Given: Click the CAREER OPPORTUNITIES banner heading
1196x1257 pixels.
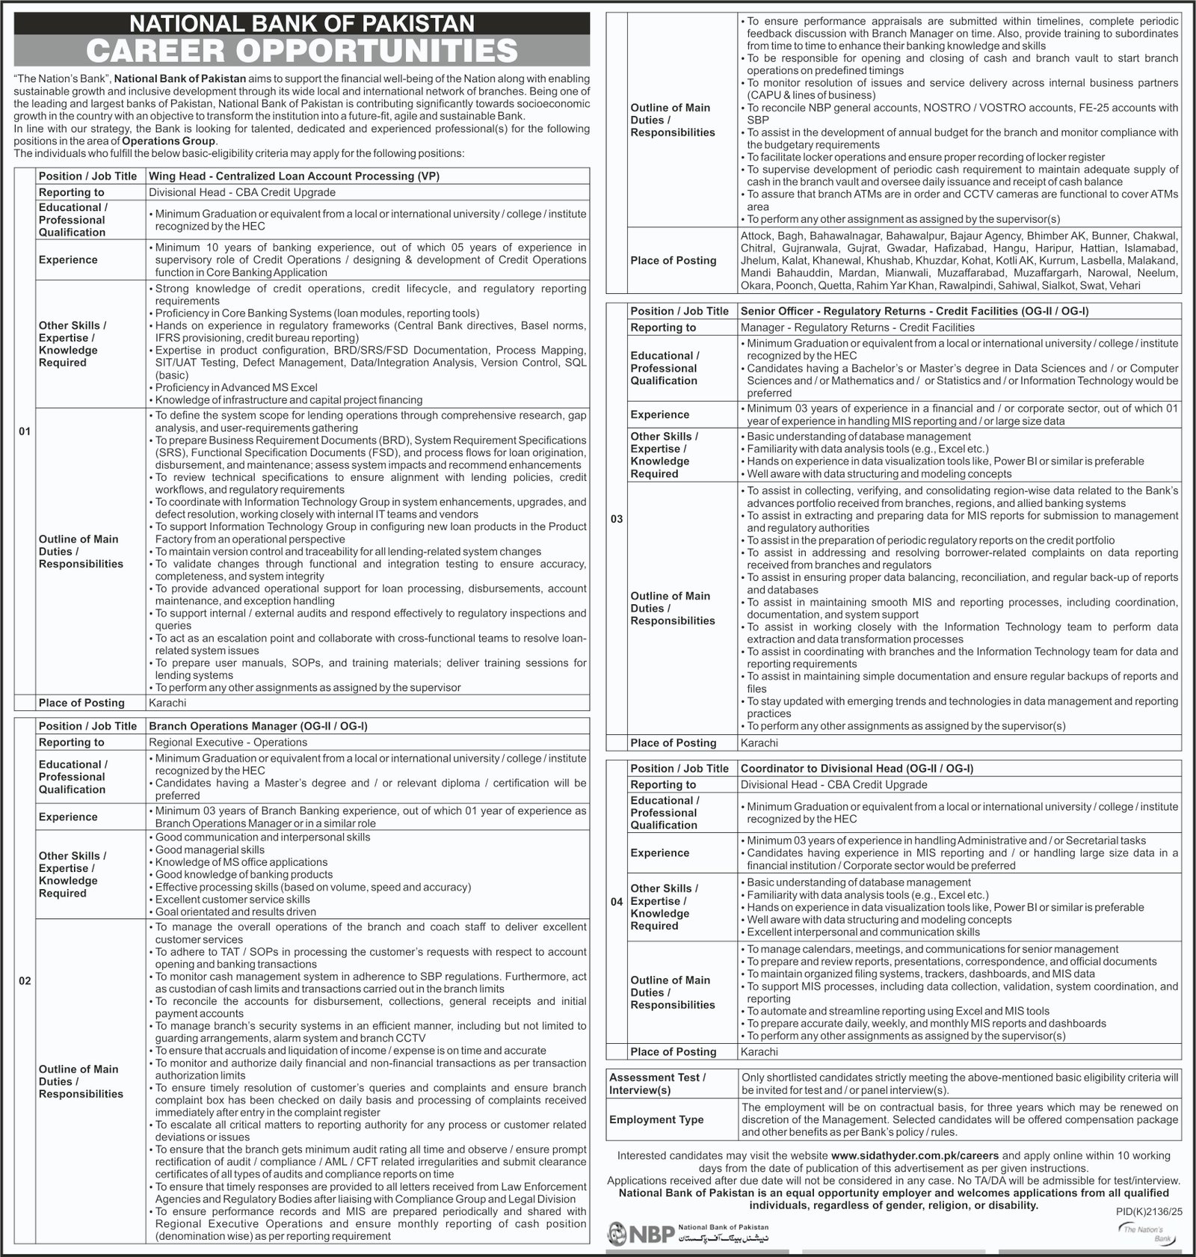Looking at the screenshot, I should click(x=302, y=51).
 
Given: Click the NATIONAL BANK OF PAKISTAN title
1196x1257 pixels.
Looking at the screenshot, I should click(x=302, y=23).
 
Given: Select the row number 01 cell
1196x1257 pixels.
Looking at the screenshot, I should click(x=25, y=431).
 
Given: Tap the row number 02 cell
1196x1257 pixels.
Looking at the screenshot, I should click(x=25, y=980).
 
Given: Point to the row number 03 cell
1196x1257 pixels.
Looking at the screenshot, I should click(x=617, y=519).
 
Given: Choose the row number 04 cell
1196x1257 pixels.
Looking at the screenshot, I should click(x=617, y=902).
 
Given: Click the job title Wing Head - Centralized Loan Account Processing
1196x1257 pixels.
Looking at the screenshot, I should click(x=294, y=176).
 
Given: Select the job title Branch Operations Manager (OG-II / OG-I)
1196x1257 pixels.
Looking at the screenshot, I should click(x=258, y=726).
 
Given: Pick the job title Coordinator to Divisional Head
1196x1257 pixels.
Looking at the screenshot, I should click(x=857, y=768).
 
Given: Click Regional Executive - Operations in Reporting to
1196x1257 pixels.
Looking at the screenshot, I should click(x=228, y=743).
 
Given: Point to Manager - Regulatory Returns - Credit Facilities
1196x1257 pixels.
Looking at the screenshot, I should click(x=857, y=328).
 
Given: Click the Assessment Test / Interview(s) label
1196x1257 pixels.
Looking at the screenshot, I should click(x=657, y=1084).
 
